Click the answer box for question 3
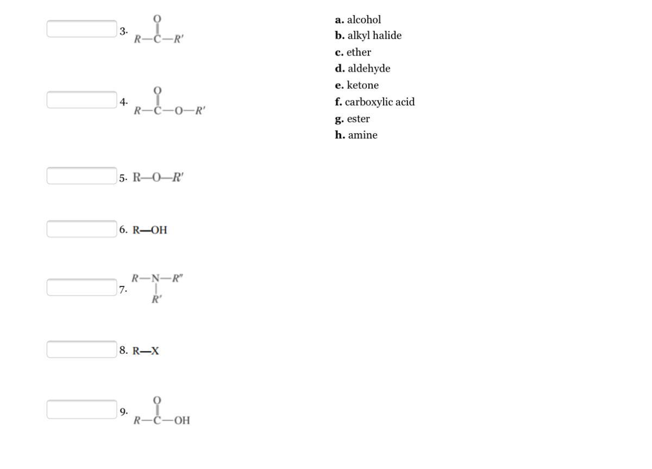(x=81, y=29)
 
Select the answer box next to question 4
(x=81, y=99)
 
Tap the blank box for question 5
(x=81, y=176)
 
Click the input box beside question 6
(x=81, y=229)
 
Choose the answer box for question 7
(x=81, y=287)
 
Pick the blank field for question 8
(x=81, y=349)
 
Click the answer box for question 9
(x=81, y=409)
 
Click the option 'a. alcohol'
(x=358, y=20)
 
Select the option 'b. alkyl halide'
(x=368, y=36)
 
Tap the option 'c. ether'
(x=353, y=52)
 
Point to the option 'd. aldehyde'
(x=362, y=68)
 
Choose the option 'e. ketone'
(x=357, y=85)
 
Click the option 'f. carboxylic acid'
(x=375, y=102)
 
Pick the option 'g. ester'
(x=353, y=118)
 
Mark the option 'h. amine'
(x=356, y=135)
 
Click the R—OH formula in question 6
(x=150, y=230)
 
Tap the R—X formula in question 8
(x=146, y=351)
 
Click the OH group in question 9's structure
(x=182, y=420)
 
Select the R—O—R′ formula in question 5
(x=158, y=178)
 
